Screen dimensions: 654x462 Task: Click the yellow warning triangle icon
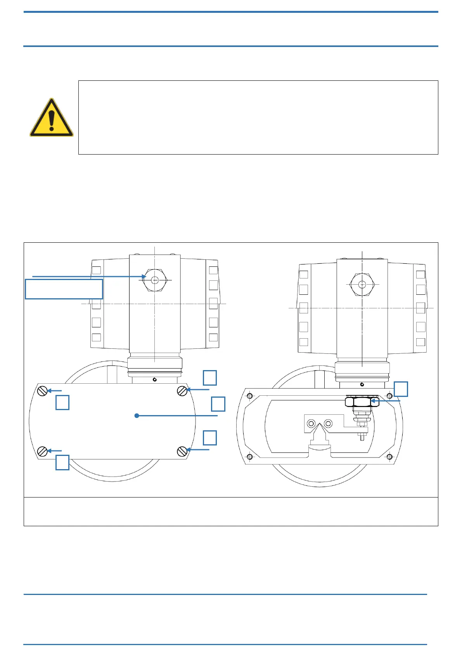[x=52, y=118]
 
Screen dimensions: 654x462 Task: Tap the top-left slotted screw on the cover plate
[x=43, y=391]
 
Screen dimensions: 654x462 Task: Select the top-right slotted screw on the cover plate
[x=182, y=391]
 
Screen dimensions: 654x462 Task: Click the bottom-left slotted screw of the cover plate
[x=43, y=451]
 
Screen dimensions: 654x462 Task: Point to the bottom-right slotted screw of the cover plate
[x=182, y=451]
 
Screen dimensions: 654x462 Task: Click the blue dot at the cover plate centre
[x=137, y=416]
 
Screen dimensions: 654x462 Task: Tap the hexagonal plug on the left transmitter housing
[x=155, y=280]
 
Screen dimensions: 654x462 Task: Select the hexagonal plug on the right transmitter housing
[x=362, y=284]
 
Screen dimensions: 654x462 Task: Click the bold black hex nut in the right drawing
[x=362, y=402]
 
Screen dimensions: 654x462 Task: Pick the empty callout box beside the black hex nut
[x=401, y=389]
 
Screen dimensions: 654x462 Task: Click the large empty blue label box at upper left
[x=64, y=289]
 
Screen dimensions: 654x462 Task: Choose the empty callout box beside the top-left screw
[x=62, y=402]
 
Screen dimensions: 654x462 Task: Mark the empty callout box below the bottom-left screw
[x=62, y=462]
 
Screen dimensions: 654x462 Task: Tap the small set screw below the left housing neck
[x=155, y=379]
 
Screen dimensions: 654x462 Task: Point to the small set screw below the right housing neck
[x=362, y=384]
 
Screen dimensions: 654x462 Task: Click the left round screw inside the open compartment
[x=311, y=423]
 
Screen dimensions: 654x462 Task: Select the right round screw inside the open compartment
[x=328, y=423]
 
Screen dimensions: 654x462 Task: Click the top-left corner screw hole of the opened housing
[x=249, y=396]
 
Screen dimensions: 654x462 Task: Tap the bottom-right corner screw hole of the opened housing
[x=389, y=457]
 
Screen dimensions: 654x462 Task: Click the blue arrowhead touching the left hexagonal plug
[x=144, y=277]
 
